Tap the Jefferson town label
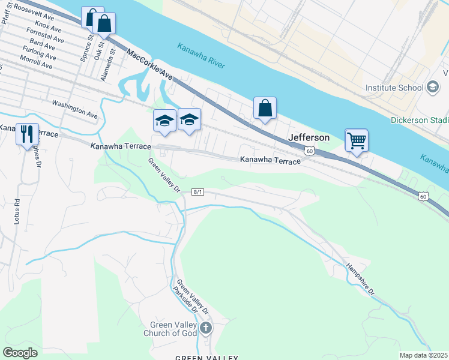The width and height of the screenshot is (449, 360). click(x=309, y=137)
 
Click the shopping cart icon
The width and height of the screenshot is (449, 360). click(x=357, y=141)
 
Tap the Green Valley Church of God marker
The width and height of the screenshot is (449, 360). click(x=206, y=328)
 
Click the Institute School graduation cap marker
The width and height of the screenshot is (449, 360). click(x=432, y=88)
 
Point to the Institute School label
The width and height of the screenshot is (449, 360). click(x=394, y=88)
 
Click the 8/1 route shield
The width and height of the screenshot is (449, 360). click(x=198, y=192)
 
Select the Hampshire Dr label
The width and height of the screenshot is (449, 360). click(x=360, y=280)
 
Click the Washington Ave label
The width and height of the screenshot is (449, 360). click(x=74, y=108)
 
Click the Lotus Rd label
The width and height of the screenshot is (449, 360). click(x=17, y=212)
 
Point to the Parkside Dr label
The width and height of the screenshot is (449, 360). click(x=185, y=298)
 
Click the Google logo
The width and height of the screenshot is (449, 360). click(x=20, y=353)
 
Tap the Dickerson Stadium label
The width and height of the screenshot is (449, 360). click(x=420, y=119)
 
